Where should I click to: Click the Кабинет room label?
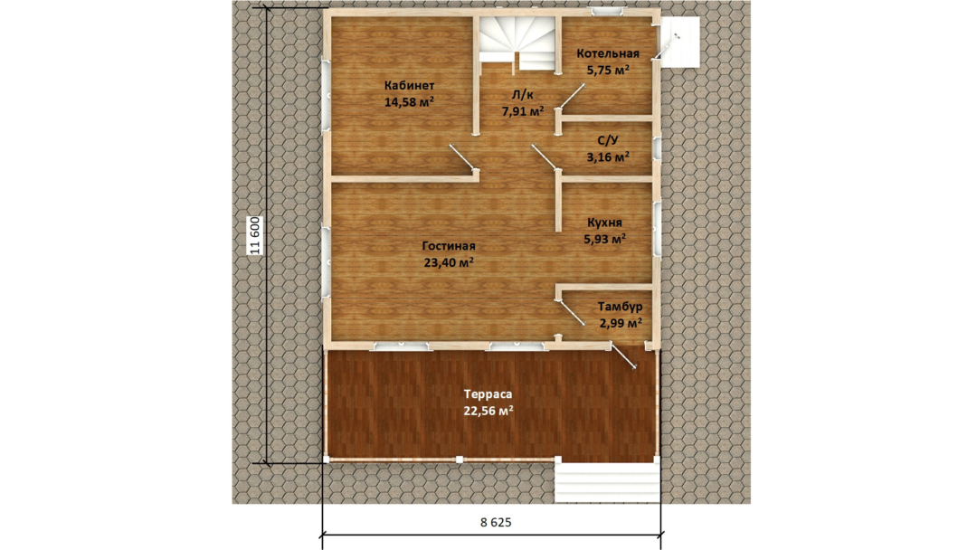tap(409, 86)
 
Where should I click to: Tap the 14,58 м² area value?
tap(409, 102)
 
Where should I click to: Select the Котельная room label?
tap(608, 53)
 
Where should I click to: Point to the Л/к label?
tap(522, 95)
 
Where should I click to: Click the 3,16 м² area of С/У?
tap(608, 157)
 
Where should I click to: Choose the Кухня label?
tap(604, 223)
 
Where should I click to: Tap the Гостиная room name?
tap(449, 246)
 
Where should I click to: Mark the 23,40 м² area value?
tap(449, 262)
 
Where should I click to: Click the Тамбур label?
tap(620, 307)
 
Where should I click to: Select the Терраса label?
tap(488, 394)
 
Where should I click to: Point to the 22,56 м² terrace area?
tap(488, 411)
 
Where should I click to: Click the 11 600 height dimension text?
tap(254, 235)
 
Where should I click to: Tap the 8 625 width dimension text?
tap(496, 522)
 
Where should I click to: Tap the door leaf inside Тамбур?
tap(572, 311)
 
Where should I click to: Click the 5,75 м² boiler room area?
tap(608, 70)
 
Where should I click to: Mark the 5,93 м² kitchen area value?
tap(604, 239)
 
